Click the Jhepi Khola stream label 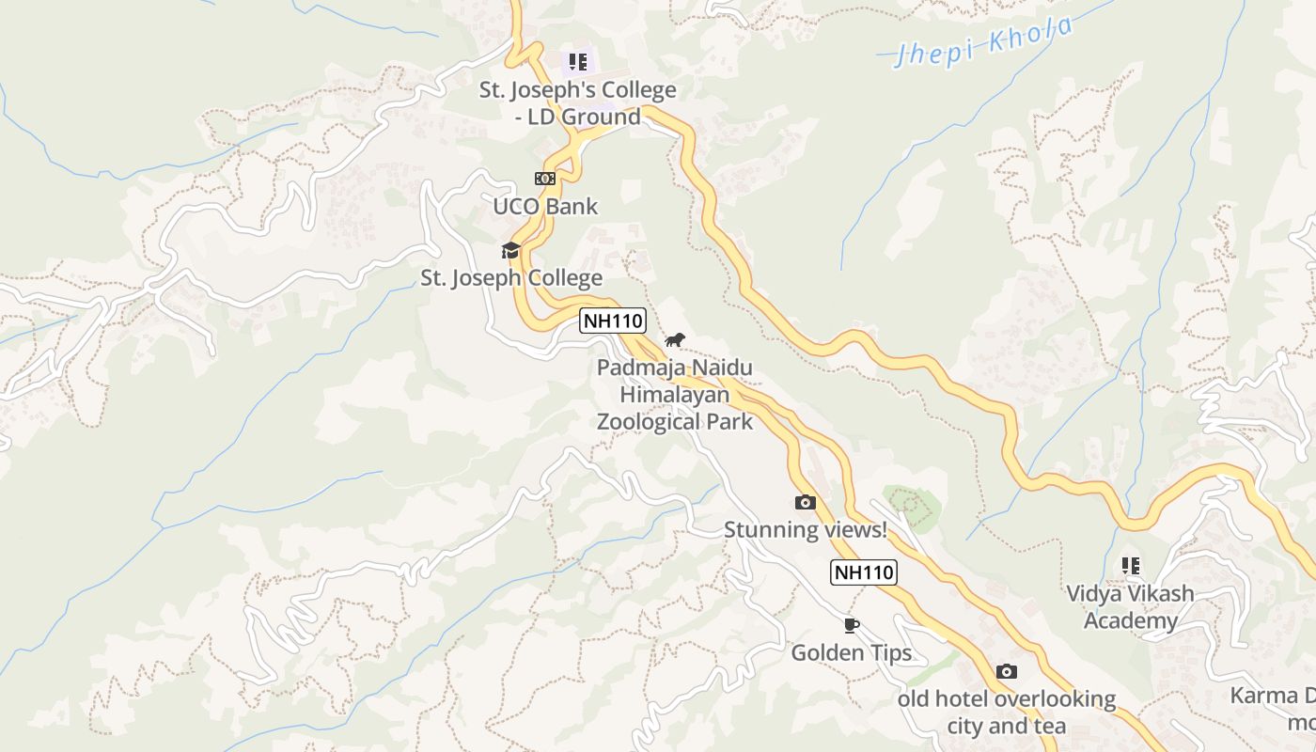(x=983, y=43)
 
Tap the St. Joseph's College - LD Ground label (x=577, y=103)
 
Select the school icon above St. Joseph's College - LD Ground (x=577, y=63)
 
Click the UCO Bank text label (x=545, y=206)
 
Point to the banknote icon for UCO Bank (x=545, y=179)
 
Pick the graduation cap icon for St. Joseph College (x=510, y=250)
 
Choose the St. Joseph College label (x=510, y=278)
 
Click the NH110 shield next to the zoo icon (x=613, y=321)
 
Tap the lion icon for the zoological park (x=675, y=339)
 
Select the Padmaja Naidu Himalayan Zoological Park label (x=675, y=394)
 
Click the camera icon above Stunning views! (x=805, y=503)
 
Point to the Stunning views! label (x=805, y=530)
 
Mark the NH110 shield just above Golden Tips (x=863, y=572)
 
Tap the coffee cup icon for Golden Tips (x=851, y=625)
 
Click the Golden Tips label (x=851, y=653)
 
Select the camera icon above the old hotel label (x=1006, y=671)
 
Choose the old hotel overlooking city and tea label (x=1006, y=713)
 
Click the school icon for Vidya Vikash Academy (x=1130, y=566)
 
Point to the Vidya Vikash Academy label (x=1130, y=607)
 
